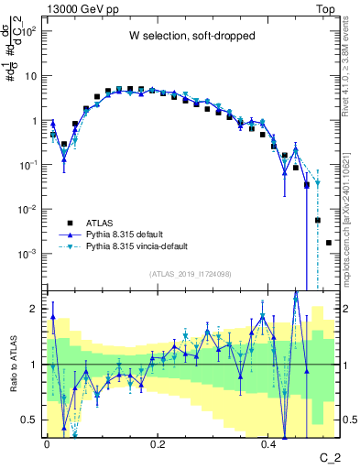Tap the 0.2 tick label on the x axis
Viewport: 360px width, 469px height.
click(158, 443)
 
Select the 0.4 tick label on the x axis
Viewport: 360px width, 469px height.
click(268, 443)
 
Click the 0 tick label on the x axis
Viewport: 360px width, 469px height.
click(47, 443)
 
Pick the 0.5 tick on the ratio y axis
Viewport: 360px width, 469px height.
click(33, 420)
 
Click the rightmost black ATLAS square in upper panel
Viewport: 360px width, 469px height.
click(329, 243)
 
